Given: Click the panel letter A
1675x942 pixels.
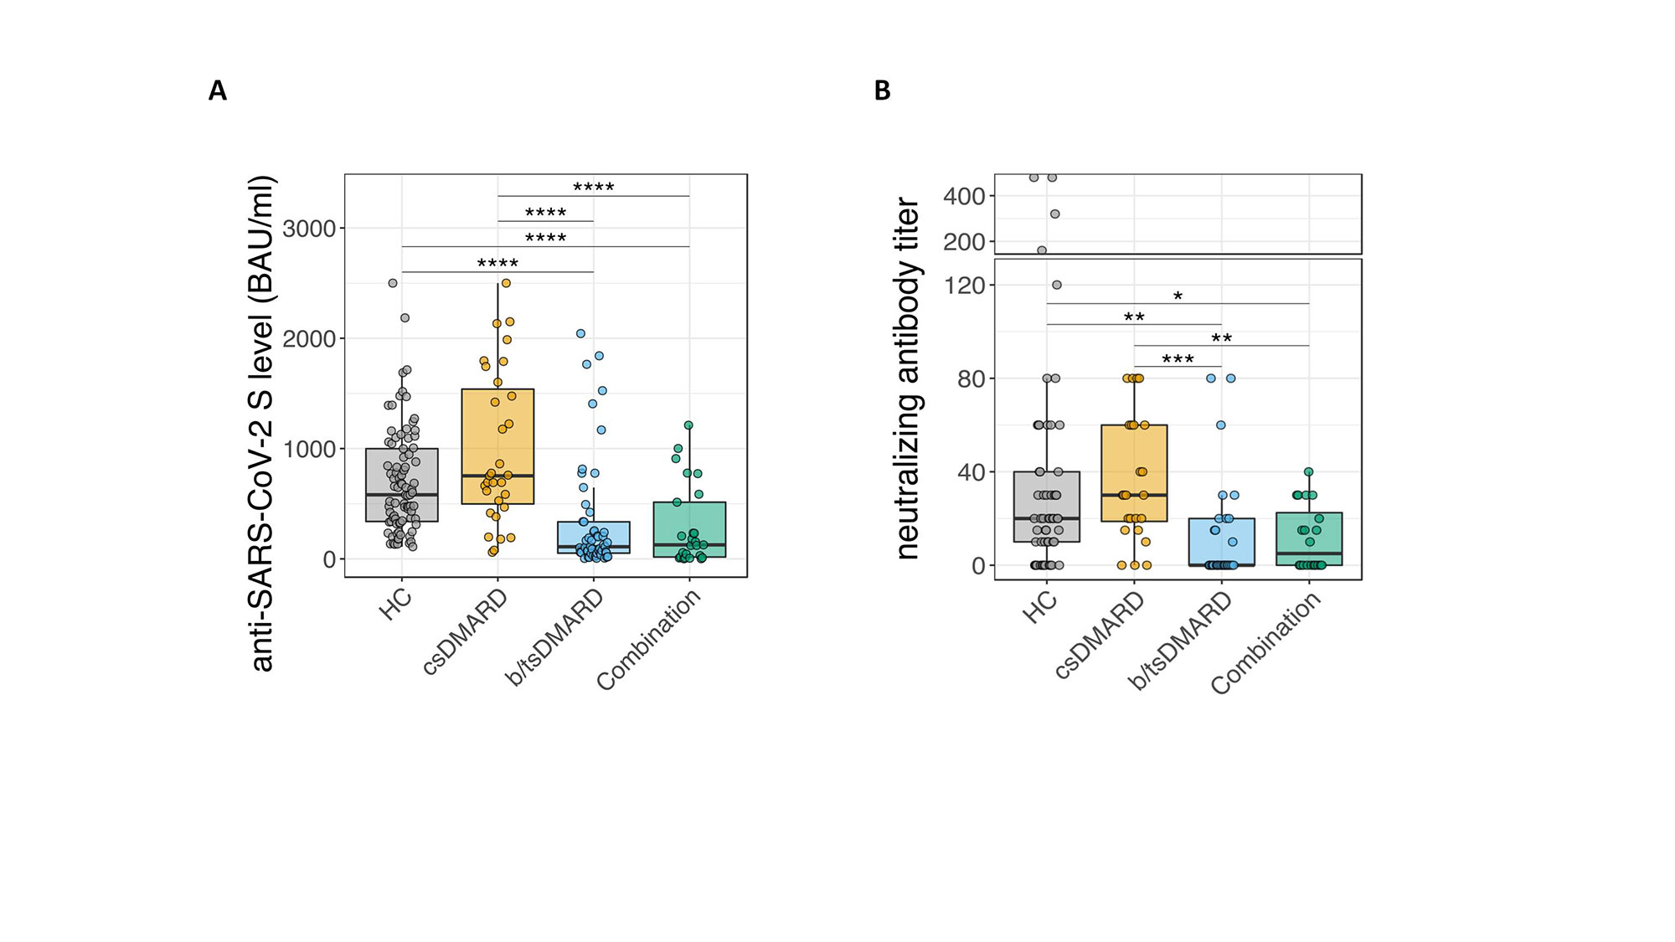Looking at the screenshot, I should click(x=218, y=90).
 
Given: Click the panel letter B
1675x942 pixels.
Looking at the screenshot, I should click(x=882, y=90).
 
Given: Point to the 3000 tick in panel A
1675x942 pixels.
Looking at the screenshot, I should click(x=309, y=229).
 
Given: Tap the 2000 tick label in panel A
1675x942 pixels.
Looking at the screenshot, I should click(x=309, y=339).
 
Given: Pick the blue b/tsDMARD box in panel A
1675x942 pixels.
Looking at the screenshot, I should click(x=594, y=537).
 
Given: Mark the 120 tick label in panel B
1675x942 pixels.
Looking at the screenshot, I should click(x=965, y=286).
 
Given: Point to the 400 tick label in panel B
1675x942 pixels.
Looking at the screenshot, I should click(x=965, y=197).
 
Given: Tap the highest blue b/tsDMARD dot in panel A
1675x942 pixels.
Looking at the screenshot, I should click(x=580, y=333).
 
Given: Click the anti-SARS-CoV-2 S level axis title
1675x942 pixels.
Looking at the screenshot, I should click(x=263, y=423).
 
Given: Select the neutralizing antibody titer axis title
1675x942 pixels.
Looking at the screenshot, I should click(x=908, y=378).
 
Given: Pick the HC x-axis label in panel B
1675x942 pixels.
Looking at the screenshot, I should click(x=1039, y=606).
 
